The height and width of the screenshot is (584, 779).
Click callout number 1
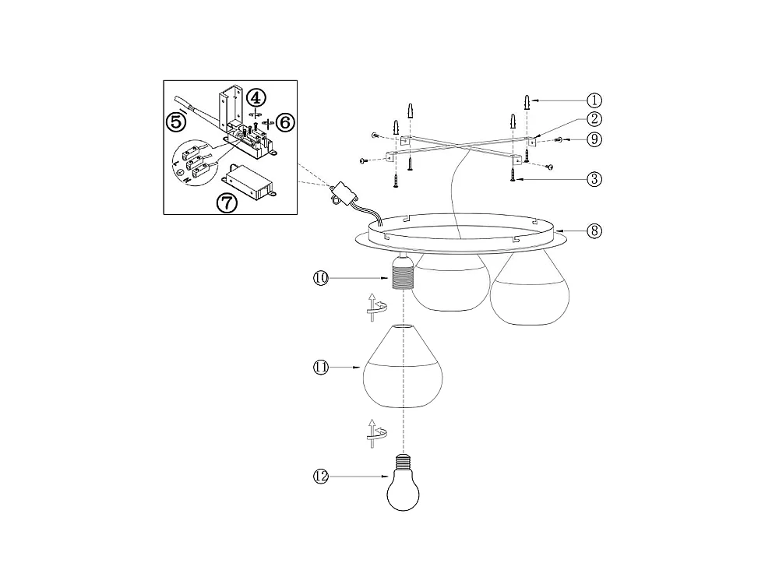tap(594, 100)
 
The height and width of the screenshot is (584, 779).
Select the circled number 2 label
tap(594, 119)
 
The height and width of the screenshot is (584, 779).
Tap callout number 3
tap(594, 179)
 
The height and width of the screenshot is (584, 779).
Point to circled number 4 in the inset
tap(256, 98)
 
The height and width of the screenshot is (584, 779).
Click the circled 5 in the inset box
tap(176, 121)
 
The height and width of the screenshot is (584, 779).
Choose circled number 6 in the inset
tap(285, 122)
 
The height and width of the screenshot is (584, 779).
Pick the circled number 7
tap(227, 202)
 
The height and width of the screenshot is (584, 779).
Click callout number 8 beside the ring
tap(594, 231)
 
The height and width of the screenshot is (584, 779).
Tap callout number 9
tap(594, 139)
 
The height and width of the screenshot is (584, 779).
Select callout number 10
tap(321, 278)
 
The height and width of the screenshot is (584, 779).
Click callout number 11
tap(321, 368)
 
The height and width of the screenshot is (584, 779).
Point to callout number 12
tap(321, 477)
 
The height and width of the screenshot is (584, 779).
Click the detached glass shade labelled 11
tap(403, 367)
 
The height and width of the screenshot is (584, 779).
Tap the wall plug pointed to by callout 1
tap(527, 103)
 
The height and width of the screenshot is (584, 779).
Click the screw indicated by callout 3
tap(513, 174)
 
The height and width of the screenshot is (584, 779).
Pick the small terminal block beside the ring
tap(342, 192)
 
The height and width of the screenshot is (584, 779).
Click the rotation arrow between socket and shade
tap(376, 308)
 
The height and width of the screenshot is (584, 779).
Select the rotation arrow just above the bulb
tap(376, 433)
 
